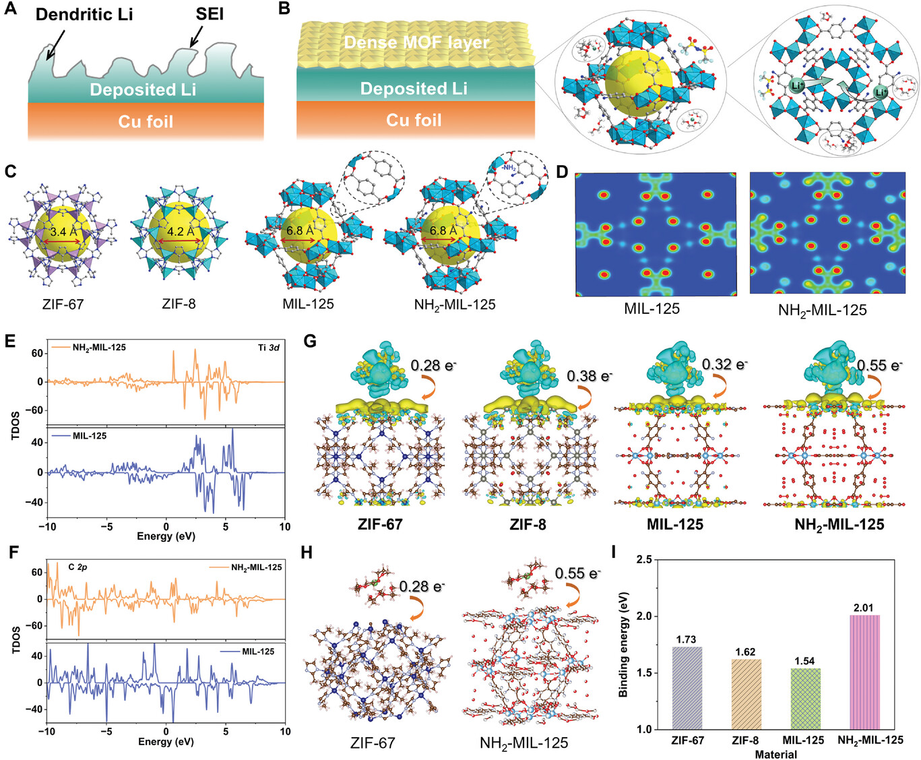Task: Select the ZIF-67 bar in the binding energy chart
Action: [687, 688]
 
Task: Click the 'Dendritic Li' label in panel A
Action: [84, 14]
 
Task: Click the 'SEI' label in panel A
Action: [209, 14]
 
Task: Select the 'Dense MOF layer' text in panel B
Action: [416, 42]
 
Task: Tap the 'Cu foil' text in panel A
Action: [146, 122]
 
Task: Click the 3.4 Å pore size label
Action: [62, 231]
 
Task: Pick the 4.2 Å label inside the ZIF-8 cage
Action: [179, 231]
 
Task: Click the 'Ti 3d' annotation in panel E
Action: [268, 348]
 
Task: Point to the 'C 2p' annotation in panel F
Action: [77, 567]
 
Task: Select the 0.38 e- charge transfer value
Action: [589, 376]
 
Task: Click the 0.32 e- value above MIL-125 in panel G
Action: [724, 365]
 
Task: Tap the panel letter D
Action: [563, 172]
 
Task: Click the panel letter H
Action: [307, 553]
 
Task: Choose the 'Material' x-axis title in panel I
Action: [775, 754]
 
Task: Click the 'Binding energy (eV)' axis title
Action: [624, 645]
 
